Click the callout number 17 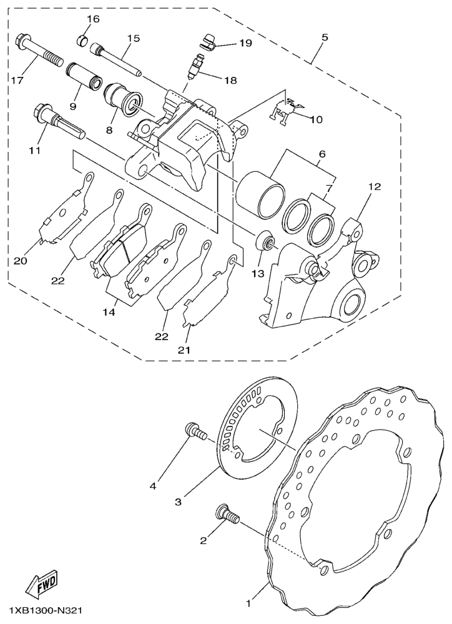[x=17, y=80]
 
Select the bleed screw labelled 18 [x=197, y=66]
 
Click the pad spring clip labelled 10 [x=285, y=108]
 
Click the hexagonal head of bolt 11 [x=42, y=110]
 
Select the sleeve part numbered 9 [x=84, y=75]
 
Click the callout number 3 [x=179, y=502]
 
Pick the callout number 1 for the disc [x=248, y=604]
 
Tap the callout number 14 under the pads [x=109, y=313]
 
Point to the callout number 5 [x=325, y=38]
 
